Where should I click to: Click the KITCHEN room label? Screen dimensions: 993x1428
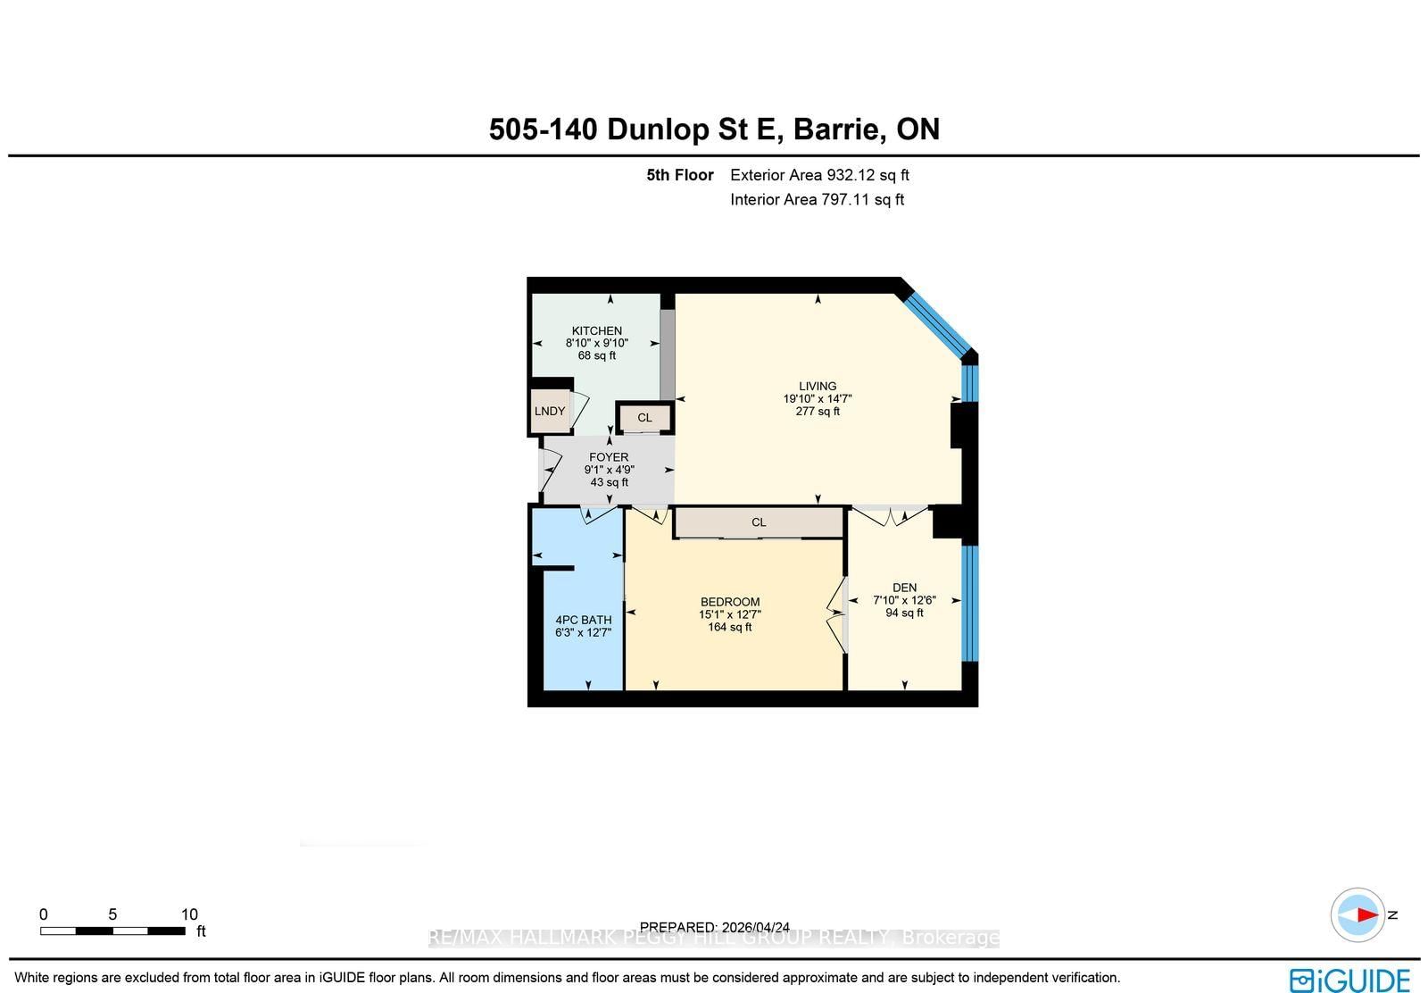[596, 330]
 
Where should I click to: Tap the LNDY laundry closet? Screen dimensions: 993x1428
[549, 411]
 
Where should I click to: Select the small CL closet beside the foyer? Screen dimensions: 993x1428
[644, 417]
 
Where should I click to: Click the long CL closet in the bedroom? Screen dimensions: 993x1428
[758, 522]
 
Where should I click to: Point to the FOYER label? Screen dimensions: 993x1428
[609, 457]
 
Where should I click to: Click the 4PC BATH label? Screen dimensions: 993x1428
[583, 620]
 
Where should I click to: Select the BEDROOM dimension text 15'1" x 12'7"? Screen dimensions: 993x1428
[729, 614]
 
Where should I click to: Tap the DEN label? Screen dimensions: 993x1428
[904, 588]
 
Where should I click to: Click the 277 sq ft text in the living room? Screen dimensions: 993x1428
[818, 412]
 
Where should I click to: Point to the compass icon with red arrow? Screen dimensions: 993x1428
[1357, 914]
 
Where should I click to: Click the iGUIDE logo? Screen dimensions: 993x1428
[1349, 980]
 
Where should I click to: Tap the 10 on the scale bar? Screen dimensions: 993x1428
[189, 914]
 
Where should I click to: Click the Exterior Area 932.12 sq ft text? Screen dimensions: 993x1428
[819, 175]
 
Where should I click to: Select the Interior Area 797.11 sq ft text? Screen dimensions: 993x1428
[817, 199]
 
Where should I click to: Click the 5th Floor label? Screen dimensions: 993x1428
[680, 175]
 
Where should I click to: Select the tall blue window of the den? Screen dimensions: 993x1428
[970, 603]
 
